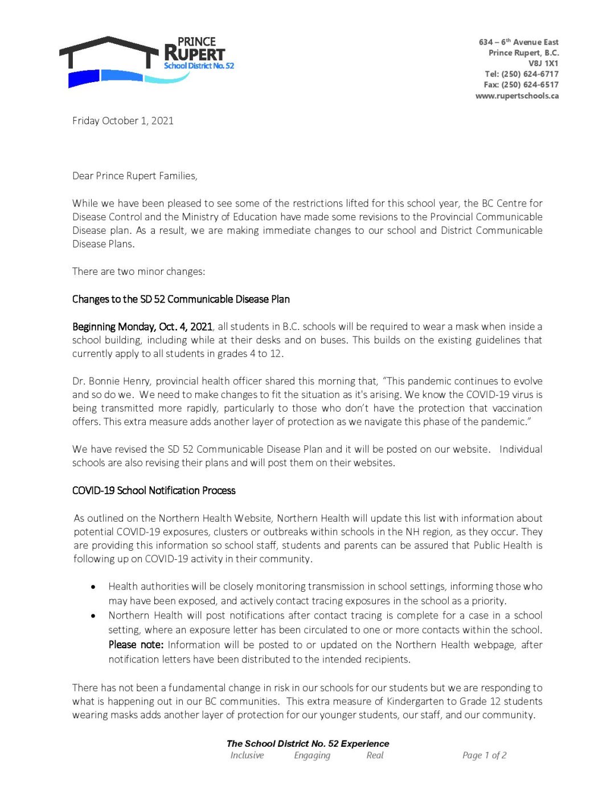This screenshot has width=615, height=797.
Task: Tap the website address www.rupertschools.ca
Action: pyautogui.click(x=516, y=96)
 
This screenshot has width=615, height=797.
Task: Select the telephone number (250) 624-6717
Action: pyautogui.click(x=530, y=74)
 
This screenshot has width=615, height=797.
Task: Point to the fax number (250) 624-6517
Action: pyautogui.click(x=530, y=85)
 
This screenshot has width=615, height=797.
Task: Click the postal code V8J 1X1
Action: pyautogui.click(x=543, y=63)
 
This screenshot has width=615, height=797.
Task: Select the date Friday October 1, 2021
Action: pyautogui.click(x=122, y=121)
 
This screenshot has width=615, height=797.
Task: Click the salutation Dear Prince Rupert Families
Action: pyautogui.click(x=134, y=176)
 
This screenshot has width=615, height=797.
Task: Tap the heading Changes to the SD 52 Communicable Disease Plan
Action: pyautogui.click(x=181, y=299)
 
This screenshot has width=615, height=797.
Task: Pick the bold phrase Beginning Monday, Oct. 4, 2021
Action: pyautogui.click(x=142, y=327)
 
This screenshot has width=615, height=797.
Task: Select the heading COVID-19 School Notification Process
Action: pyautogui.click(x=153, y=491)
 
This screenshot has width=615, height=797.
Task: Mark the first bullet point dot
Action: pyautogui.click(x=93, y=587)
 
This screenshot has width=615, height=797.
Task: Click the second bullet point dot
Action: pyautogui.click(x=93, y=616)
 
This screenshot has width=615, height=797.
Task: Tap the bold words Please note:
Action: pyautogui.click(x=136, y=645)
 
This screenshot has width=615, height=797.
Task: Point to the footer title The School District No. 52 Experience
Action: pyautogui.click(x=307, y=743)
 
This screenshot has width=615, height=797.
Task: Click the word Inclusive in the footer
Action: pyautogui.click(x=247, y=755)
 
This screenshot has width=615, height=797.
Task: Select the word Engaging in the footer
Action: pyautogui.click(x=311, y=755)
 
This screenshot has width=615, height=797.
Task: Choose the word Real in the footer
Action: pyautogui.click(x=375, y=755)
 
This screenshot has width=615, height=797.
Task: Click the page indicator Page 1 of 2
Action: pyautogui.click(x=484, y=755)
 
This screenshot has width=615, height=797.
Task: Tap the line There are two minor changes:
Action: pyautogui.click(x=138, y=272)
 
